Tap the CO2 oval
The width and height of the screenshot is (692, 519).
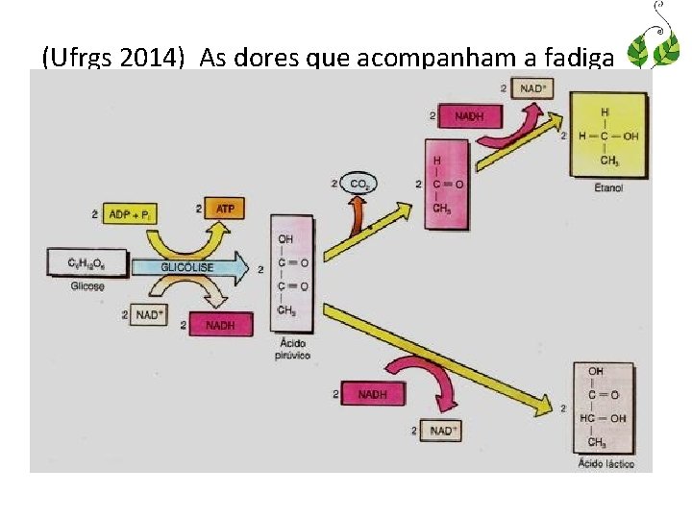coord(360,184)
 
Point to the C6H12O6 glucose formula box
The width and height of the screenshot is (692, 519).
coord(86,262)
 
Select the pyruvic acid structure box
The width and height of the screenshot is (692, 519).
coord(294,273)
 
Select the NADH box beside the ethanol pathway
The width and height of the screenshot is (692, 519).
coord(470,116)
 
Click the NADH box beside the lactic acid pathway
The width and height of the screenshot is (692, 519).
coord(373,394)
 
